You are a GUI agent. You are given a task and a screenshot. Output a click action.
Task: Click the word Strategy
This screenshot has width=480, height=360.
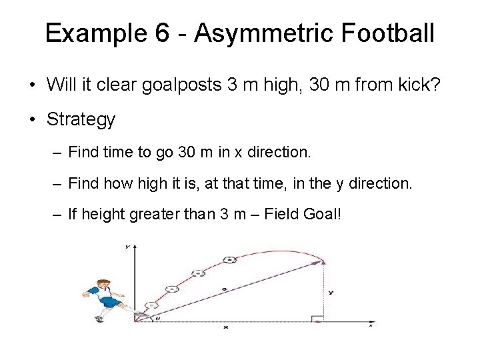click(x=81, y=120)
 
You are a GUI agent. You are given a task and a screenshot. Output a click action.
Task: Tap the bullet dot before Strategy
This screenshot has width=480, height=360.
click(x=32, y=121)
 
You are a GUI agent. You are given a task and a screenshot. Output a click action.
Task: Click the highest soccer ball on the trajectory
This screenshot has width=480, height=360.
click(x=229, y=259)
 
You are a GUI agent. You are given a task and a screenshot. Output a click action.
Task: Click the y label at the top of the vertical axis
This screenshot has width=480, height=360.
click(x=127, y=247)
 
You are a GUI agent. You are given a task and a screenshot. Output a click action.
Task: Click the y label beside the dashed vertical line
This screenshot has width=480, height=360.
click(x=331, y=292)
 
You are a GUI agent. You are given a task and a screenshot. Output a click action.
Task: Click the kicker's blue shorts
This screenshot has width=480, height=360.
click(x=107, y=303)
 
